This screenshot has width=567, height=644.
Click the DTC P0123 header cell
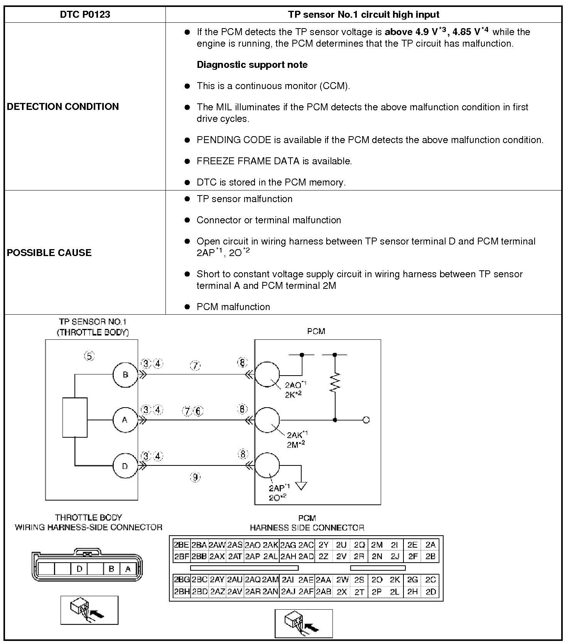85,15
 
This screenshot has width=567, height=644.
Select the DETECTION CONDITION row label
63,106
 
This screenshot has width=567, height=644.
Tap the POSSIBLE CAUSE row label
49,253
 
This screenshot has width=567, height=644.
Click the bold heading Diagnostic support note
252,64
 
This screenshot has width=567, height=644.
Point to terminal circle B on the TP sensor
125,374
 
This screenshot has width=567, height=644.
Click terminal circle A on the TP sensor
125,420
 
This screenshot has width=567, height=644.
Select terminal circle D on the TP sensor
125,466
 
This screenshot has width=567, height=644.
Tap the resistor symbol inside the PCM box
335,383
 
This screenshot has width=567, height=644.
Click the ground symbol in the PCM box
301,486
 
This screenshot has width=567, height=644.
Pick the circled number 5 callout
89,356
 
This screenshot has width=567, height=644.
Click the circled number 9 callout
196,477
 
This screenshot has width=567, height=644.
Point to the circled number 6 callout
198,411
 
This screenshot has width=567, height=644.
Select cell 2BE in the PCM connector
181,545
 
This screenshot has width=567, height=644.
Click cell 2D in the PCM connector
430,592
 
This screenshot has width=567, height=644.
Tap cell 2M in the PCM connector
376,545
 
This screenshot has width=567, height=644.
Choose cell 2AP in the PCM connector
253,556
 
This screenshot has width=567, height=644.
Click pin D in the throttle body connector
79,569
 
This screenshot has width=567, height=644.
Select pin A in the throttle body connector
128,569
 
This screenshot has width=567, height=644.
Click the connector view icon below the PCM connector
304,623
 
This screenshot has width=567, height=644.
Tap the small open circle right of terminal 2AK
366,420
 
